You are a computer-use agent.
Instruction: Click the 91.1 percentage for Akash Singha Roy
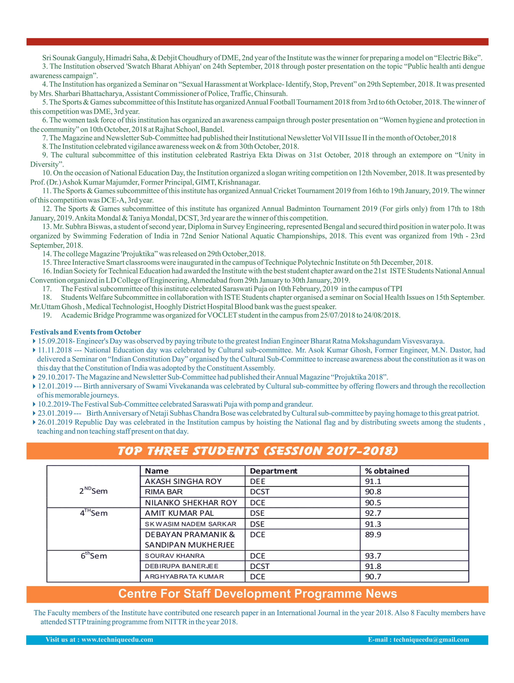pyautogui.click(x=373, y=481)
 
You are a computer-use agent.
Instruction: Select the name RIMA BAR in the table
pyautogui.click(x=164, y=492)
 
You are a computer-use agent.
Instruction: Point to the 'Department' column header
pyautogui.click(x=273, y=471)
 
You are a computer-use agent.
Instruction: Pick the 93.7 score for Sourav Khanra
pyautogui.click(x=373, y=556)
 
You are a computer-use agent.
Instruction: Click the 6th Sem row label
pyautogui.click(x=94, y=556)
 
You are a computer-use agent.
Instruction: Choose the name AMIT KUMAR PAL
pyautogui.click(x=179, y=513)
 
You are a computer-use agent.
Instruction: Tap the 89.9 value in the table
pyautogui.click(x=373, y=535)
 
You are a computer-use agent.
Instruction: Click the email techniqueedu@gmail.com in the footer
pyautogui.click(x=431, y=640)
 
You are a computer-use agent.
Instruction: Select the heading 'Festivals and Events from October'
pyautogui.click(x=86, y=332)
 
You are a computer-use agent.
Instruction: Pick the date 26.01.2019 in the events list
pyautogui.click(x=55, y=422)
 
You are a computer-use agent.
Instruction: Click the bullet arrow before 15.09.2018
pyautogui.click(x=34, y=341)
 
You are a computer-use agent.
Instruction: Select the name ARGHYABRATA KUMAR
pyautogui.click(x=184, y=576)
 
